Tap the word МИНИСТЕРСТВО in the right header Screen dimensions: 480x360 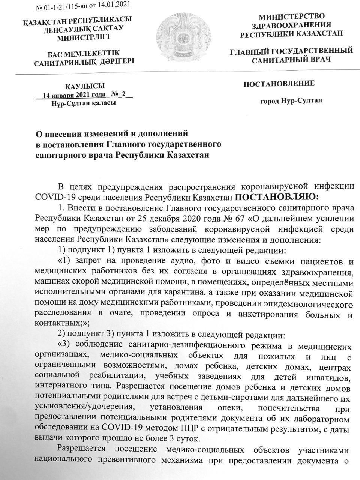pos(292,16)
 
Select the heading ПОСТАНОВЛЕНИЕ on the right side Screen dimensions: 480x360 pos(279,83)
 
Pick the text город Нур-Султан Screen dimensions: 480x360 pos(291,101)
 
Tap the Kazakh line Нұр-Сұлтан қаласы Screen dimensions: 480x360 pos(84,103)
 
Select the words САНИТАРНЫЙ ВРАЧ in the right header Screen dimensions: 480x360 pos(291,60)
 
